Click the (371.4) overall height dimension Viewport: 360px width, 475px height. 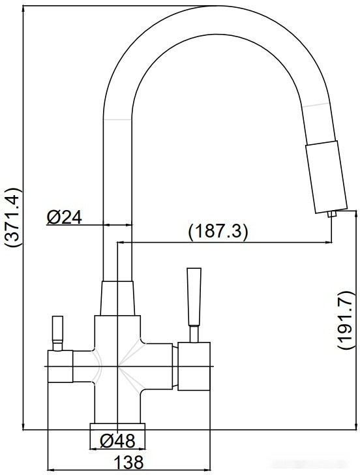coord(13,219)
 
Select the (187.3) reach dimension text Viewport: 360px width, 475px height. coord(218,232)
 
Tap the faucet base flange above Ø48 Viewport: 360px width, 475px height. coord(118,425)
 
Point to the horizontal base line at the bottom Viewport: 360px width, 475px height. coord(189,430)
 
